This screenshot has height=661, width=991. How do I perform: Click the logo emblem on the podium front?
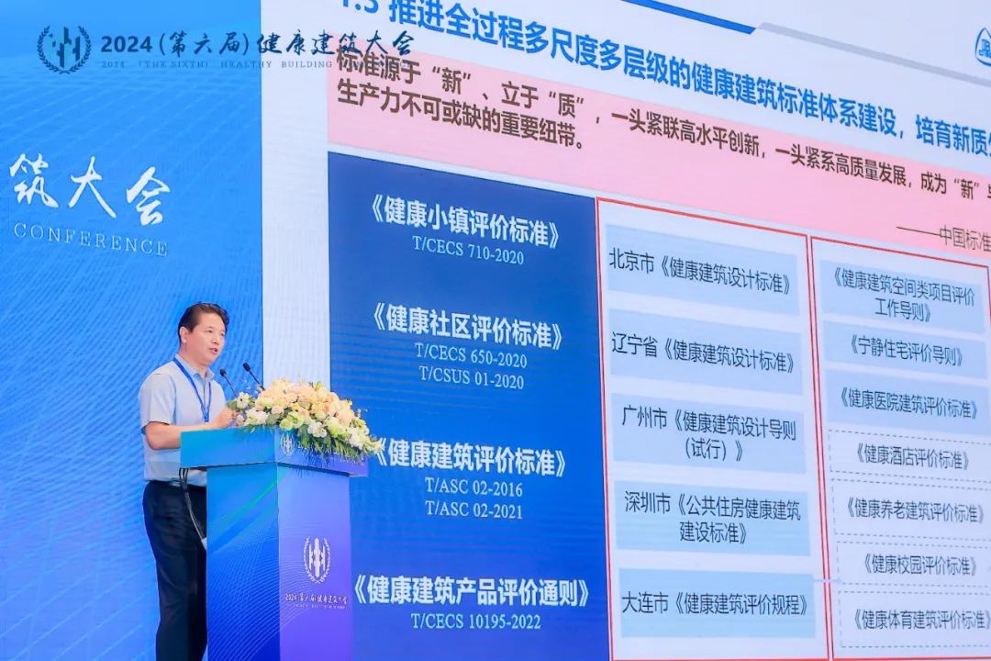tap(317, 559)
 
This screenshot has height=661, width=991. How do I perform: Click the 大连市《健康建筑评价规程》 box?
tap(717, 603)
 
